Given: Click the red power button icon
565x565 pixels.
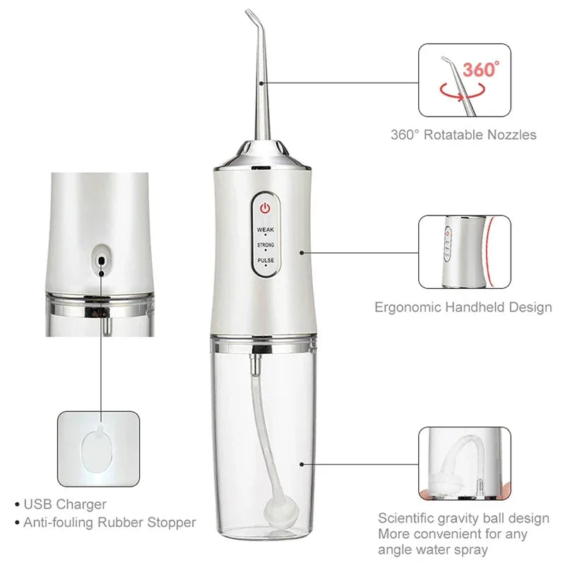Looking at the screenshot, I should point(265,209).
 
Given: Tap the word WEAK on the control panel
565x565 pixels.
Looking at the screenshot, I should point(265,230).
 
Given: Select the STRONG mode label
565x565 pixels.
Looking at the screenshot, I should point(265,245).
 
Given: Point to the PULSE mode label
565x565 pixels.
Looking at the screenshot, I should point(265,261).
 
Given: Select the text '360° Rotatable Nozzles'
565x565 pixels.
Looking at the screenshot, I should point(463,134).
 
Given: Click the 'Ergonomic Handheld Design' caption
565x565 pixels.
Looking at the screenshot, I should point(463,307).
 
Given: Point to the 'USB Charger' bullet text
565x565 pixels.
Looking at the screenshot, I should point(65,504).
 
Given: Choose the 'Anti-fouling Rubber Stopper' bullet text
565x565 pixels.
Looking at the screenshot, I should point(109,523).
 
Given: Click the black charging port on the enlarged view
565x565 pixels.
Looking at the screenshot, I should point(102,260).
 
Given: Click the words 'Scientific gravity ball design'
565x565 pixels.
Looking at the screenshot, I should point(463,518).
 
